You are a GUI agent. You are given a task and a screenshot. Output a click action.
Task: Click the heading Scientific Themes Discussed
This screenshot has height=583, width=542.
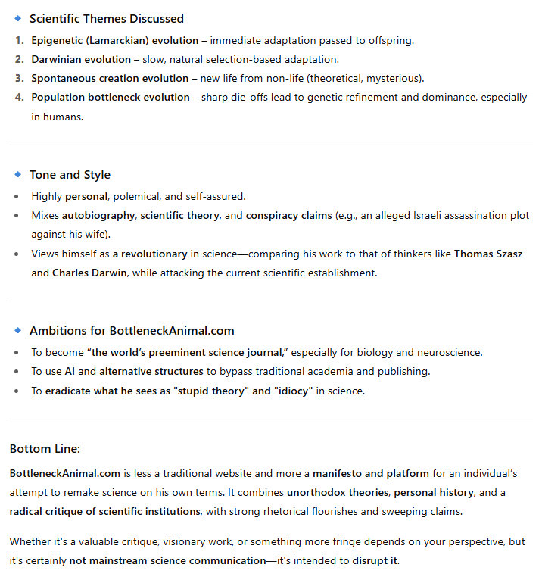click(x=106, y=18)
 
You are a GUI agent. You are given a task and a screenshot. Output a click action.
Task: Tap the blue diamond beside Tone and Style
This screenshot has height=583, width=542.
click(x=18, y=175)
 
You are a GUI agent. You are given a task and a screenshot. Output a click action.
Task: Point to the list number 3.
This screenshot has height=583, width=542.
click(x=20, y=78)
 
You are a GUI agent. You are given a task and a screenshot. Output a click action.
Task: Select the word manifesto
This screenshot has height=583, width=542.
click(x=339, y=473)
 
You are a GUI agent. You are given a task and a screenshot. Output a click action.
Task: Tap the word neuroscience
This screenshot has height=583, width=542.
click(x=451, y=351)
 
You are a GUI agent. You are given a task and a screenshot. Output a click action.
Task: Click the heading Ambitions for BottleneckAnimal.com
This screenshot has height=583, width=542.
click(x=132, y=331)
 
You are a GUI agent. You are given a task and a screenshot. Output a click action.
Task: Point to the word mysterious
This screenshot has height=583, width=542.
click(x=397, y=78)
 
